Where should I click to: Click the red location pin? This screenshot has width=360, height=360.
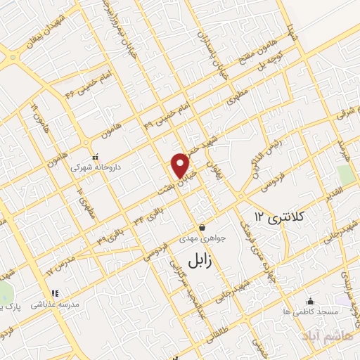click(x=181, y=165)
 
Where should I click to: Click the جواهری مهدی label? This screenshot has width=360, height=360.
click(x=202, y=238)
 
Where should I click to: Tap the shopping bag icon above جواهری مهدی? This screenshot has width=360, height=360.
click(x=202, y=227)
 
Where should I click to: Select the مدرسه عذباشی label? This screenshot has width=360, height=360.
click(x=55, y=304)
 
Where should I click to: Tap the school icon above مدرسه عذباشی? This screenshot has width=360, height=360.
click(x=55, y=293)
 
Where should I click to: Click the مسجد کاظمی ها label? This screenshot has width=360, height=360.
click(x=310, y=311)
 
